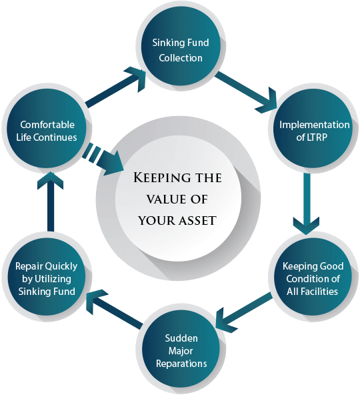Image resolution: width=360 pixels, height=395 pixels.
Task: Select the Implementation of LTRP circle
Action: (313, 129)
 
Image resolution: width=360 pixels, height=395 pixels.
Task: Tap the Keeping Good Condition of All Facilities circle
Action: (313, 277)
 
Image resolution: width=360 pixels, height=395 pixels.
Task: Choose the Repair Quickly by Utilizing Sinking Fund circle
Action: (47, 277)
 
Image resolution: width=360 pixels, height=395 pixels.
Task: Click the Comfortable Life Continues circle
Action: (47, 129)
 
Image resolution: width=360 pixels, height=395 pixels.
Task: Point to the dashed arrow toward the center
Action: (103, 159)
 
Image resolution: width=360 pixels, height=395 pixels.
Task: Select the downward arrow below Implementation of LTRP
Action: (307, 204)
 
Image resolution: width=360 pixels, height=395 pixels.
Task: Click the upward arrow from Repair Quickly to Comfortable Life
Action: (51, 202)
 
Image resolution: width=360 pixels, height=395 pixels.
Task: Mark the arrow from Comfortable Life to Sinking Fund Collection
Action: (115, 87)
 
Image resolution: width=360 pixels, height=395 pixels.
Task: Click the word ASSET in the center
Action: (197, 221)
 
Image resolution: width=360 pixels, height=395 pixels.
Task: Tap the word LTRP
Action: (317, 137)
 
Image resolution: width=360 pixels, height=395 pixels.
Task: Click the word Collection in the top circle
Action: (181, 58)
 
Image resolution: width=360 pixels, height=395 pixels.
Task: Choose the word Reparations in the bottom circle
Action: (181, 364)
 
